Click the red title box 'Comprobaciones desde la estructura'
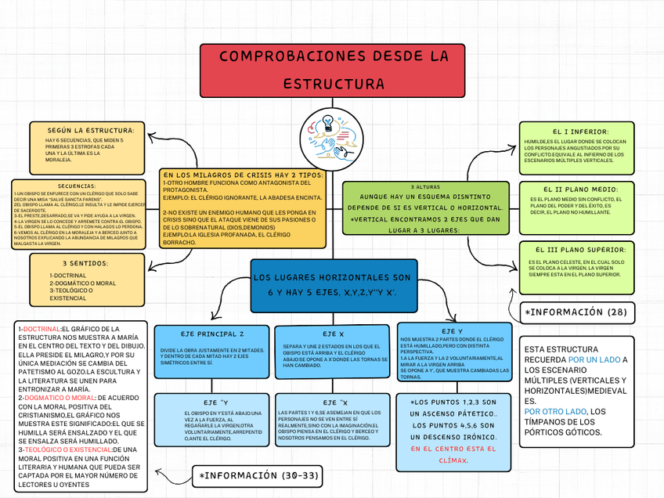click(x=333, y=70)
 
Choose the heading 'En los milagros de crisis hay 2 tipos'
click(x=243, y=175)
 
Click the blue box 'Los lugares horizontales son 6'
click(x=332, y=285)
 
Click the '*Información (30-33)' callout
click(x=258, y=475)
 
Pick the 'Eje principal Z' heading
click(x=212, y=334)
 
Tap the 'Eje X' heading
click(x=333, y=334)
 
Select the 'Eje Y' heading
click(x=452, y=331)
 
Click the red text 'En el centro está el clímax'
click(x=453, y=455)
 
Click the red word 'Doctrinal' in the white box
click(x=43, y=329)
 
